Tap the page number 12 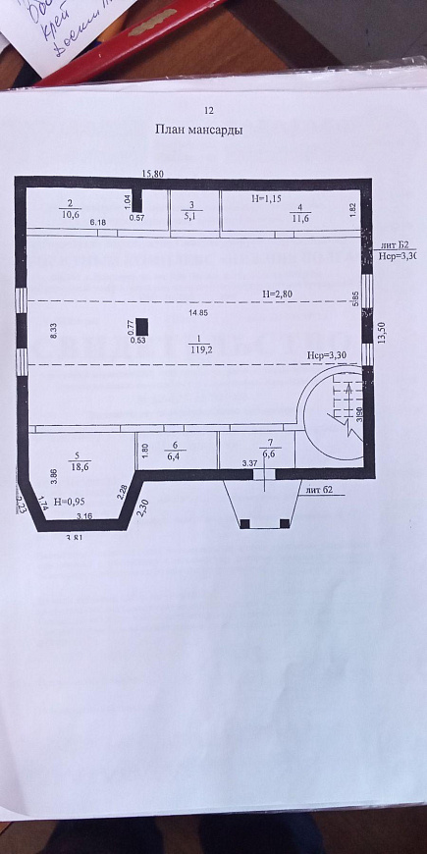point(208,111)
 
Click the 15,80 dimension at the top point(152,174)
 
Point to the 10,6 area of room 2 point(70,213)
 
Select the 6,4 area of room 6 point(175,455)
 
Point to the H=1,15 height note point(265,199)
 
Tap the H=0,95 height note point(69,501)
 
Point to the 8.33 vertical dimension point(53,332)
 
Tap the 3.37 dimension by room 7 point(250,462)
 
